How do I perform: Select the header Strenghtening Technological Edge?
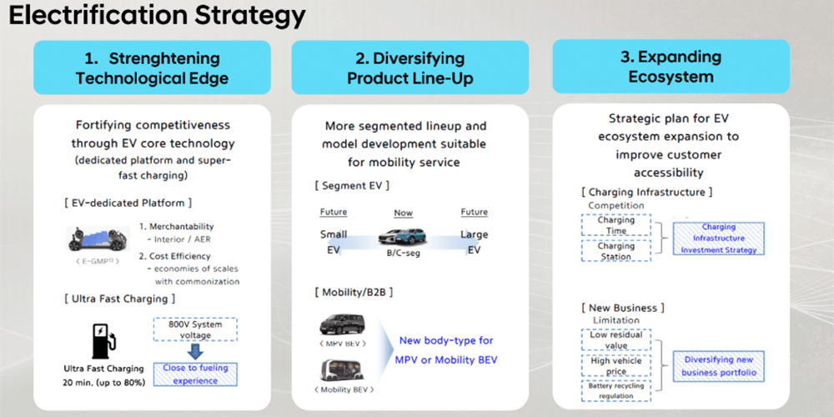point(152,68)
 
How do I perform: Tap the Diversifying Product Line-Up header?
point(409,68)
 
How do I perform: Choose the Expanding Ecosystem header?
point(671,67)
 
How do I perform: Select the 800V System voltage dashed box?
point(196,329)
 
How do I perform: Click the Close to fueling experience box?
point(196,374)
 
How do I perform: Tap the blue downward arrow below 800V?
point(196,350)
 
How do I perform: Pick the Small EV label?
point(334,241)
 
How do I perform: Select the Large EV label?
point(474,241)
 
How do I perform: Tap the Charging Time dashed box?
point(616,225)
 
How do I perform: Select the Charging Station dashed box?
point(616,251)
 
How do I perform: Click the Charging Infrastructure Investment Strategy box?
point(718,238)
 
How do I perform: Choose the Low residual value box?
point(616,339)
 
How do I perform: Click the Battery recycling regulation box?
point(616,389)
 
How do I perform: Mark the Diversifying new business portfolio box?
point(719,365)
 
